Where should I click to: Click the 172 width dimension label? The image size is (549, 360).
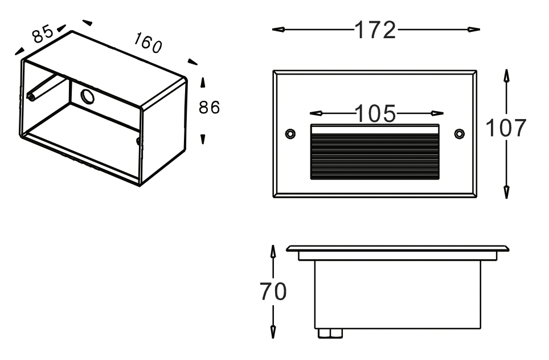[375, 30]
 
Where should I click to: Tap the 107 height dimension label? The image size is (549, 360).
[506, 129]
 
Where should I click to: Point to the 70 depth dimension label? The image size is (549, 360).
[273, 292]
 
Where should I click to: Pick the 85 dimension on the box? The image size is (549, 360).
[43, 34]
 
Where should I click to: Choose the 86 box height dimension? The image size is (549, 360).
[209, 107]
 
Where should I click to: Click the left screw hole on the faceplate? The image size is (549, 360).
[290, 133]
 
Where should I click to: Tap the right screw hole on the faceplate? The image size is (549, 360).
[460, 133]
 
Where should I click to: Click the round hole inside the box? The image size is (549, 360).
[88, 96]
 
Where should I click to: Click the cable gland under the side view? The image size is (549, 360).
[327, 333]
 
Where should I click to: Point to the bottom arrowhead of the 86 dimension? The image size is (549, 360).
[203, 139]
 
